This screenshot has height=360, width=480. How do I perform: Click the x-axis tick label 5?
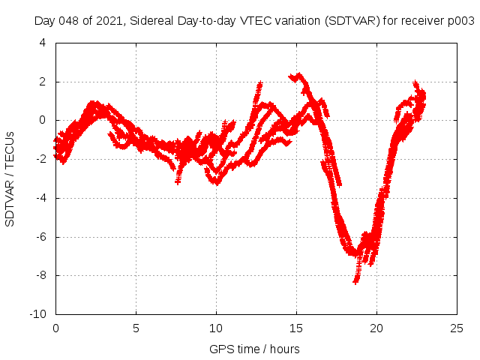[x=136, y=328]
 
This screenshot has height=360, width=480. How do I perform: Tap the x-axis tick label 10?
[x=216, y=328]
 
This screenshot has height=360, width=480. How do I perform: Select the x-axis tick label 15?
[x=296, y=328]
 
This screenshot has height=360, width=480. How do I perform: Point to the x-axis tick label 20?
[x=376, y=328]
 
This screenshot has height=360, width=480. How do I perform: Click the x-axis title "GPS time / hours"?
[x=256, y=349]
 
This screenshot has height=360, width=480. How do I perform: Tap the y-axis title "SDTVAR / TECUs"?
[x=10, y=178]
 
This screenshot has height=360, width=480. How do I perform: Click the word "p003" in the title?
[x=460, y=20]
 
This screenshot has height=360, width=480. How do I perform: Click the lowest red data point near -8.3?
[x=355, y=281]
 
